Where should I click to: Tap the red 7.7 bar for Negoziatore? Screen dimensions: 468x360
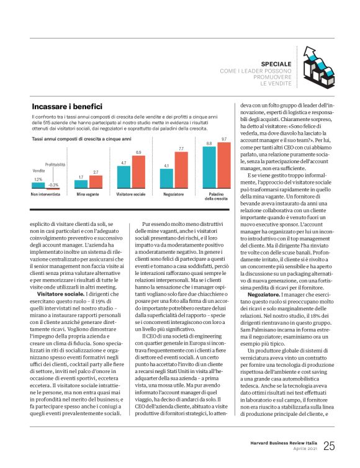click(181, 171)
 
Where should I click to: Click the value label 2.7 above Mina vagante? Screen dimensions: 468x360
click(95, 172)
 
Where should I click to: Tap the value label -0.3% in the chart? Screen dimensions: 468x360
click(53, 184)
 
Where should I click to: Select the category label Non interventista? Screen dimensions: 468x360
click(46, 194)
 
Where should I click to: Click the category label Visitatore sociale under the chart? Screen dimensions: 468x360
click(131, 194)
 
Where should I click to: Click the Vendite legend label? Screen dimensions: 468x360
click(38, 170)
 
